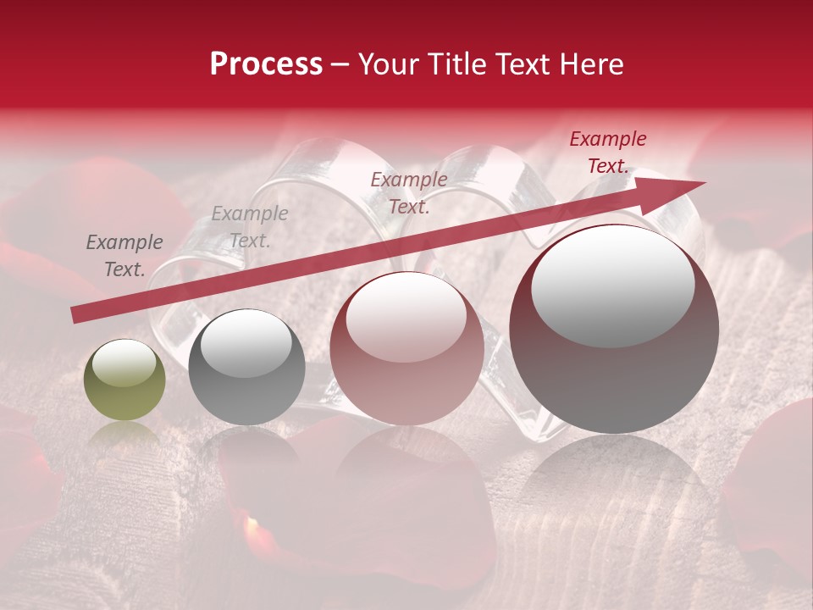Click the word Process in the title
click(x=266, y=64)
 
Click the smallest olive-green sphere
click(x=124, y=380)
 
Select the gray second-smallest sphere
click(x=246, y=367)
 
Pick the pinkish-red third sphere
click(x=406, y=348)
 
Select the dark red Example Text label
click(x=607, y=152)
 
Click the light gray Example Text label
click(x=249, y=227)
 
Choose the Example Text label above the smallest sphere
click(x=124, y=256)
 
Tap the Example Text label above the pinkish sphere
click(x=409, y=192)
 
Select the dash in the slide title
click(x=340, y=65)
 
